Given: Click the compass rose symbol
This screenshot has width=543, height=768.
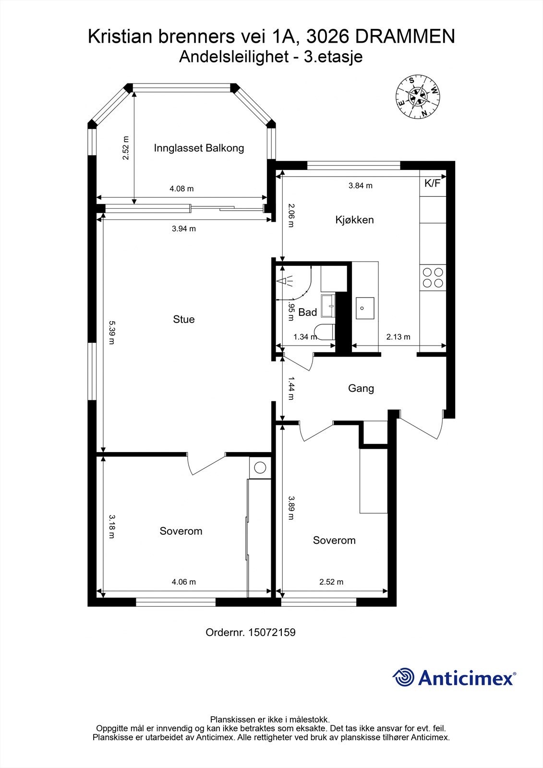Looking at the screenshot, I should tap(417, 96).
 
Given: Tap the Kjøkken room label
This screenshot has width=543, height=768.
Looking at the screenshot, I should tap(354, 220).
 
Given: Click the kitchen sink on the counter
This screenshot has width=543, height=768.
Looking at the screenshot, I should tap(365, 308).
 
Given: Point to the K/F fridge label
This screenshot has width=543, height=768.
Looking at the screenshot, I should tap(432, 183).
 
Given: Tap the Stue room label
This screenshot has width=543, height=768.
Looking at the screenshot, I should tap(184, 319).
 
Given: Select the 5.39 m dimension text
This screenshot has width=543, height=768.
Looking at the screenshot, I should tap(111, 333).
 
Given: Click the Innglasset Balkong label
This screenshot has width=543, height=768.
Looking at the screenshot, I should tap(199, 148).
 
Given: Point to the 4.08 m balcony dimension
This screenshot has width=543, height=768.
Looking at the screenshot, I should tap(181, 189).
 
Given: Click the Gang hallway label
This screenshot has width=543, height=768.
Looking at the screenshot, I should tap(361, 388).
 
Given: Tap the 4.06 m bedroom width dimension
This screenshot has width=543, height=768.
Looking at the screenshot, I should tap(183, 582).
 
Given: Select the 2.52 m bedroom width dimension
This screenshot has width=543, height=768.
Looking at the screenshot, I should tap(331, 582).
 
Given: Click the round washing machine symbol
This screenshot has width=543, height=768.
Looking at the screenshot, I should tap(260, 467).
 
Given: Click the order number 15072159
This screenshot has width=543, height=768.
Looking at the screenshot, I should tap(271, 632).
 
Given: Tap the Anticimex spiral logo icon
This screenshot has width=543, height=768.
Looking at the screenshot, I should tap(403, 677).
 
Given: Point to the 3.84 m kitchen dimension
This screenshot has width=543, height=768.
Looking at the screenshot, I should tap(360, 185).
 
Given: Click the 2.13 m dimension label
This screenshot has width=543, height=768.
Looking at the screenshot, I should tap(398, 336).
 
